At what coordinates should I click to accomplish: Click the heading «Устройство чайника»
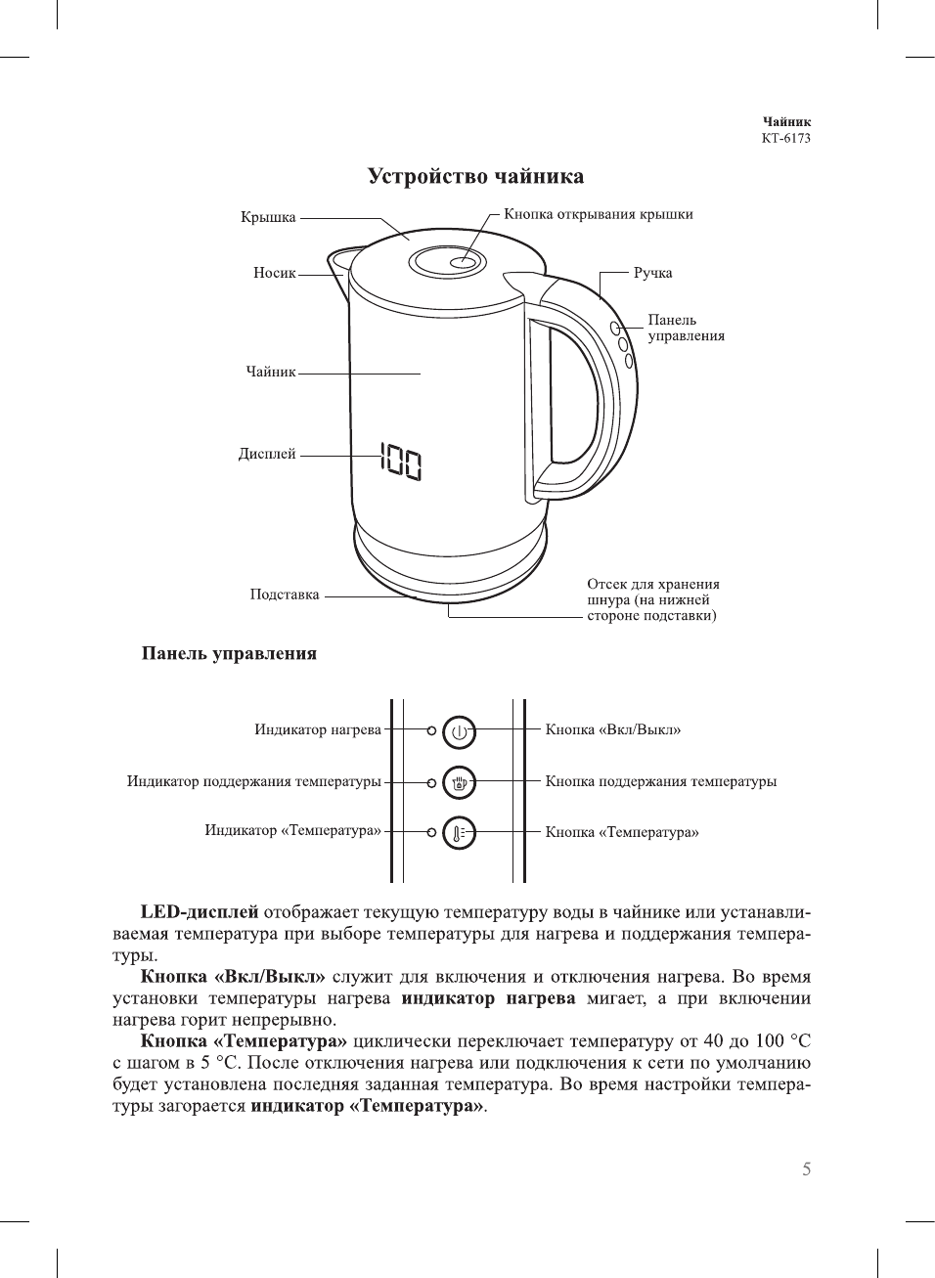[x=475, y=177]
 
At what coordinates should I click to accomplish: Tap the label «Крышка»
[x=268, y=217]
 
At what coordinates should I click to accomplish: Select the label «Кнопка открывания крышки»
[x=598, y=214]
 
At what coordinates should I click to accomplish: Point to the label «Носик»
[x=274, y=273]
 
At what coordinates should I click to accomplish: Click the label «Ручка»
[x=652, y=273]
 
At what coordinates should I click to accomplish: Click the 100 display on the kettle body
[x=401, y=463]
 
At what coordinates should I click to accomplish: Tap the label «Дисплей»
[x=267, y=454]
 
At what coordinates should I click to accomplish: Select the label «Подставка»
[x=284, y=595]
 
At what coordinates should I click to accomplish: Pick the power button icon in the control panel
[x=459, y=730]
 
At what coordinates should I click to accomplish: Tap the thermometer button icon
[x=459, y=833]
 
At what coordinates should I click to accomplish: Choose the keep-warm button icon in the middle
[x=459, y=782]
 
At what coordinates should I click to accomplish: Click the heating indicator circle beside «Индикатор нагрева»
[x=431, y=729]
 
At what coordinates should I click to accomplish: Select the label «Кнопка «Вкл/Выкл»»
[x=612, y=729]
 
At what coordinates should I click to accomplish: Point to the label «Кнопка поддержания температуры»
[x=660, y=781]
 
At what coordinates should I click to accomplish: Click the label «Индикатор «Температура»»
[x=292, y=830]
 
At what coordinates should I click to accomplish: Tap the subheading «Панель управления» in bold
[x=229, y=653]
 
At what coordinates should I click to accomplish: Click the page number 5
[x=806, y=1169]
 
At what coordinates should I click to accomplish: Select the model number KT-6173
[x=785, y=138]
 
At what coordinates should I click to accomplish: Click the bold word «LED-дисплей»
[x=200, y=912]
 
